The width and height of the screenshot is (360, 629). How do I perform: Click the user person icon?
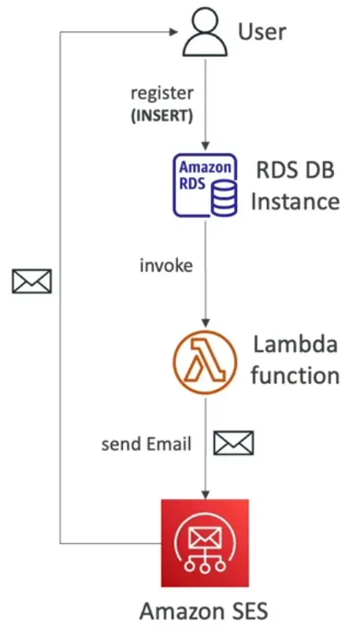(205, 32)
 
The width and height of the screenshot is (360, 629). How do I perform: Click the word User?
(262, 32)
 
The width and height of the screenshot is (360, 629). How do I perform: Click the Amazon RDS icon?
(204, 185)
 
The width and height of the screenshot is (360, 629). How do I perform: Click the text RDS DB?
(295, 171)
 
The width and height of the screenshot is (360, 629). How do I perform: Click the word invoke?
(165, 265)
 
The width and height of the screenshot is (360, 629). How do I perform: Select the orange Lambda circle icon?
(204, 363)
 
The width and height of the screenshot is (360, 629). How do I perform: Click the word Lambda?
(295, 345)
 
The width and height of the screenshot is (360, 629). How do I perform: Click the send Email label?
(146, 444)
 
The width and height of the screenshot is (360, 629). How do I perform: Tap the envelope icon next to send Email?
(234, 443)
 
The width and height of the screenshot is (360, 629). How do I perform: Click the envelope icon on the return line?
(32, 281)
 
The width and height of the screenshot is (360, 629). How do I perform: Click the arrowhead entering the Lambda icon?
(204, 324)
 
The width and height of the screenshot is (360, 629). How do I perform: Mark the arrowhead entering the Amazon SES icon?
(204, 494)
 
